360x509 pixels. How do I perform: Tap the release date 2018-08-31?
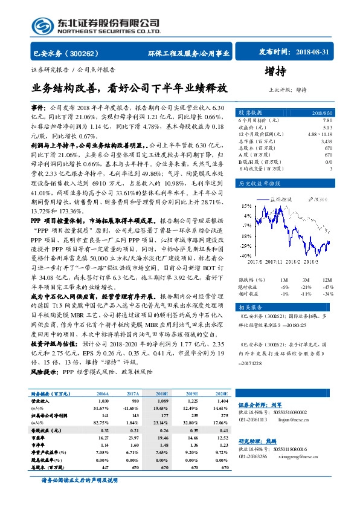coord(311,53)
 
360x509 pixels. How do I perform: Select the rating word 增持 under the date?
coord(292,71)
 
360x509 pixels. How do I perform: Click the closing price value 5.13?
coord(327,128)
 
